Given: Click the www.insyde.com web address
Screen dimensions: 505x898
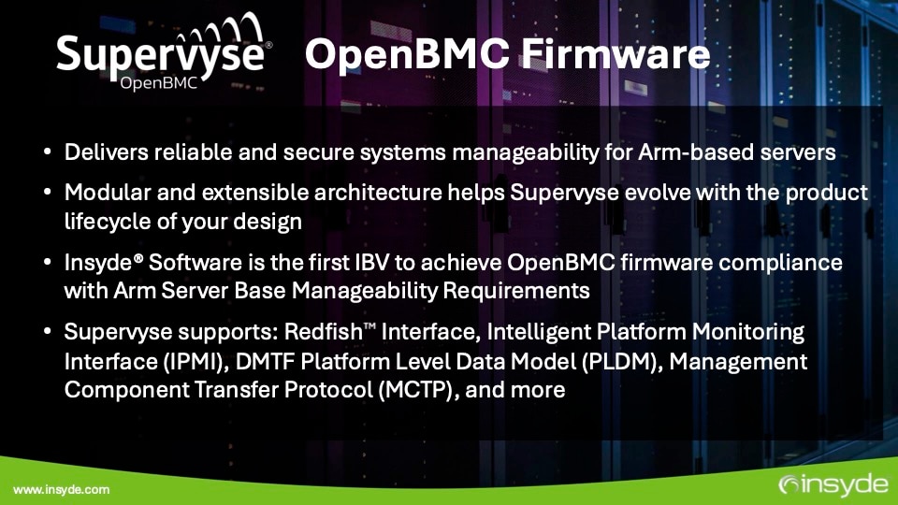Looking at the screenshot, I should click(x=61, y=489).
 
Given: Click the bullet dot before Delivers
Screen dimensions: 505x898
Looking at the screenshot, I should click(x=48, y=153).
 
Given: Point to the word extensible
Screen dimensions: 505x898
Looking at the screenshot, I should click(x=249, y=193).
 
